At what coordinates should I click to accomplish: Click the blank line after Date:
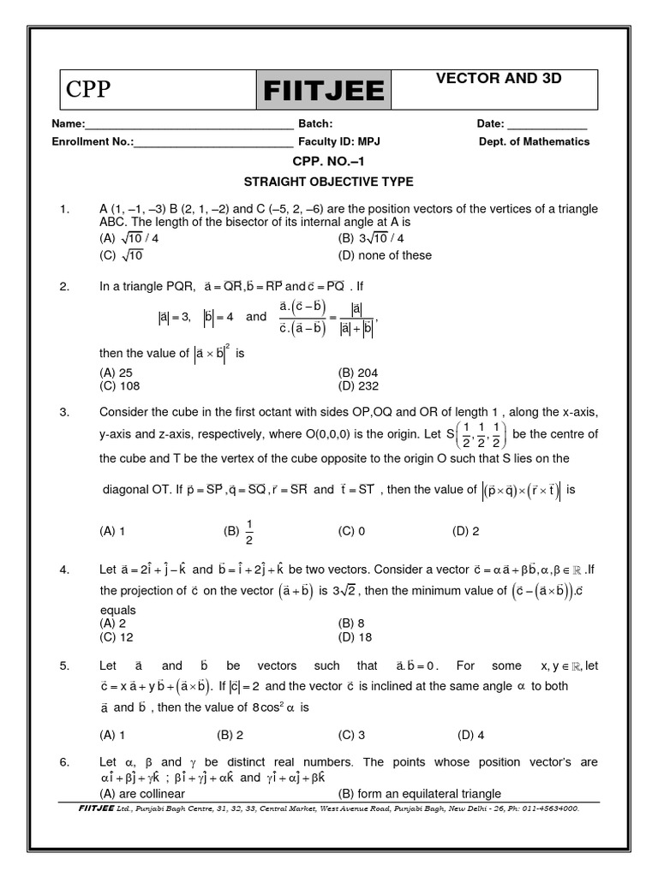tap(547, 124)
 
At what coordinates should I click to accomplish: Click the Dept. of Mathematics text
tap(534, 141)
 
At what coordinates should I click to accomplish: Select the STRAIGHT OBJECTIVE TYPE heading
tap(329, 182)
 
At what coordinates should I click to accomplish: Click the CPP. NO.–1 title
tap(329, 161)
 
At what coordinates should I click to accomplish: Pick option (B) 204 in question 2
tap(358, 373)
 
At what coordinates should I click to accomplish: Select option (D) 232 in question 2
tap(358, 385)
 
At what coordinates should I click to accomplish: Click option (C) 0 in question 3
tap(352, 531)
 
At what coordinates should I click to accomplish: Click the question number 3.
tap(63, 412)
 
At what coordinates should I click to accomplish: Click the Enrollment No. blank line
tap(213, 141)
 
